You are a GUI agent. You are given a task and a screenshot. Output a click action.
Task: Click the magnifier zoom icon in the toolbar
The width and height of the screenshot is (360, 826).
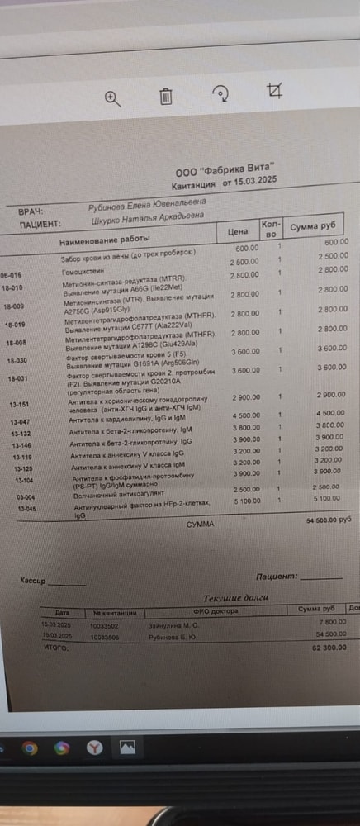112,97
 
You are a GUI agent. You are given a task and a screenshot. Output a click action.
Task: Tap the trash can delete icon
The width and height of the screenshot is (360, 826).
166,97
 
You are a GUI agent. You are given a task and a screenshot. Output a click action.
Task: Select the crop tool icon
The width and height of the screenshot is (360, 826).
275,92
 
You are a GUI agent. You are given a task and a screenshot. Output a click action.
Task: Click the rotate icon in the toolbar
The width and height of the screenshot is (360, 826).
220,94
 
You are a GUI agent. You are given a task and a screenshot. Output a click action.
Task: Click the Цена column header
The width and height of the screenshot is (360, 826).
239,232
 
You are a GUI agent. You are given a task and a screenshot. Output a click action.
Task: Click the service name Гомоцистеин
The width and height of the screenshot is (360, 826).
83,270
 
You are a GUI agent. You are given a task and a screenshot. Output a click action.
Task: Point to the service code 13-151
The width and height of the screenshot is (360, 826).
19,404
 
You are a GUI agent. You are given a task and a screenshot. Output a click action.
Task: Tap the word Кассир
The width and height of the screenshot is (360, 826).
33,581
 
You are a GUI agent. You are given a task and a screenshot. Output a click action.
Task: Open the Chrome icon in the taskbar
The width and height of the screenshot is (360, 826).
29,748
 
